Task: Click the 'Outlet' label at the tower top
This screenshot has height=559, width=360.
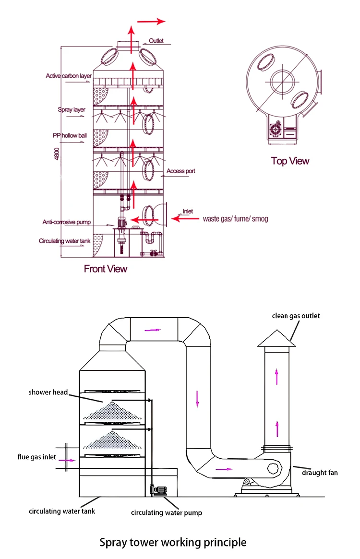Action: (156, 41)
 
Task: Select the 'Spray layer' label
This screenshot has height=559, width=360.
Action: (72, 110)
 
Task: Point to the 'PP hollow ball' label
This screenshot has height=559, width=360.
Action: (70, 135)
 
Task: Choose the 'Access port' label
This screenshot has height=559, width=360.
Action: (180, 171)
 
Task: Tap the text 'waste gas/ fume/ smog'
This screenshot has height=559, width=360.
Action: (235, 219)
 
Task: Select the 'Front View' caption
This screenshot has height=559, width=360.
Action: (106, 269)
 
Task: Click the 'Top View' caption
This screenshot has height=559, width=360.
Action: (290, 161)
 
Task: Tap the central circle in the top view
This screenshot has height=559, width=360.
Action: (281, 82)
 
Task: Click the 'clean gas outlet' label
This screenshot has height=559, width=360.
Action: (296, 316)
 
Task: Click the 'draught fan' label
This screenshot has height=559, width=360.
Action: (320, 473)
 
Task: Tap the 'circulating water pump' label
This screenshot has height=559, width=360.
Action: (167, 512)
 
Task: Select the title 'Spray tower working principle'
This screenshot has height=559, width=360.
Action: (173, 543)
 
